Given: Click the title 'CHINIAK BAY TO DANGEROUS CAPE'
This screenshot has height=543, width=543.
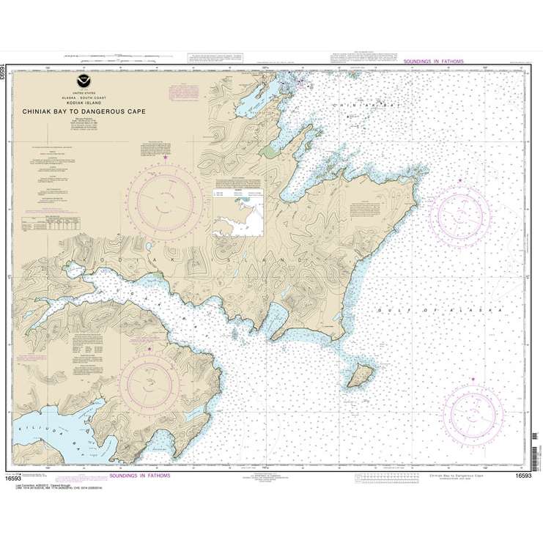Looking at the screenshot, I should tap(85, 111).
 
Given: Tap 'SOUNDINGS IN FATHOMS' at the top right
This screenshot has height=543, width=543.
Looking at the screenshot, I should tap(433, 62).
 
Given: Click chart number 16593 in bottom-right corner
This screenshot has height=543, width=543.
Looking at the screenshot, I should tap(522, 476).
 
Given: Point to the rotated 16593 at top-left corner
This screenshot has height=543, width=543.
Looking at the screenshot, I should tap(5, 73).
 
